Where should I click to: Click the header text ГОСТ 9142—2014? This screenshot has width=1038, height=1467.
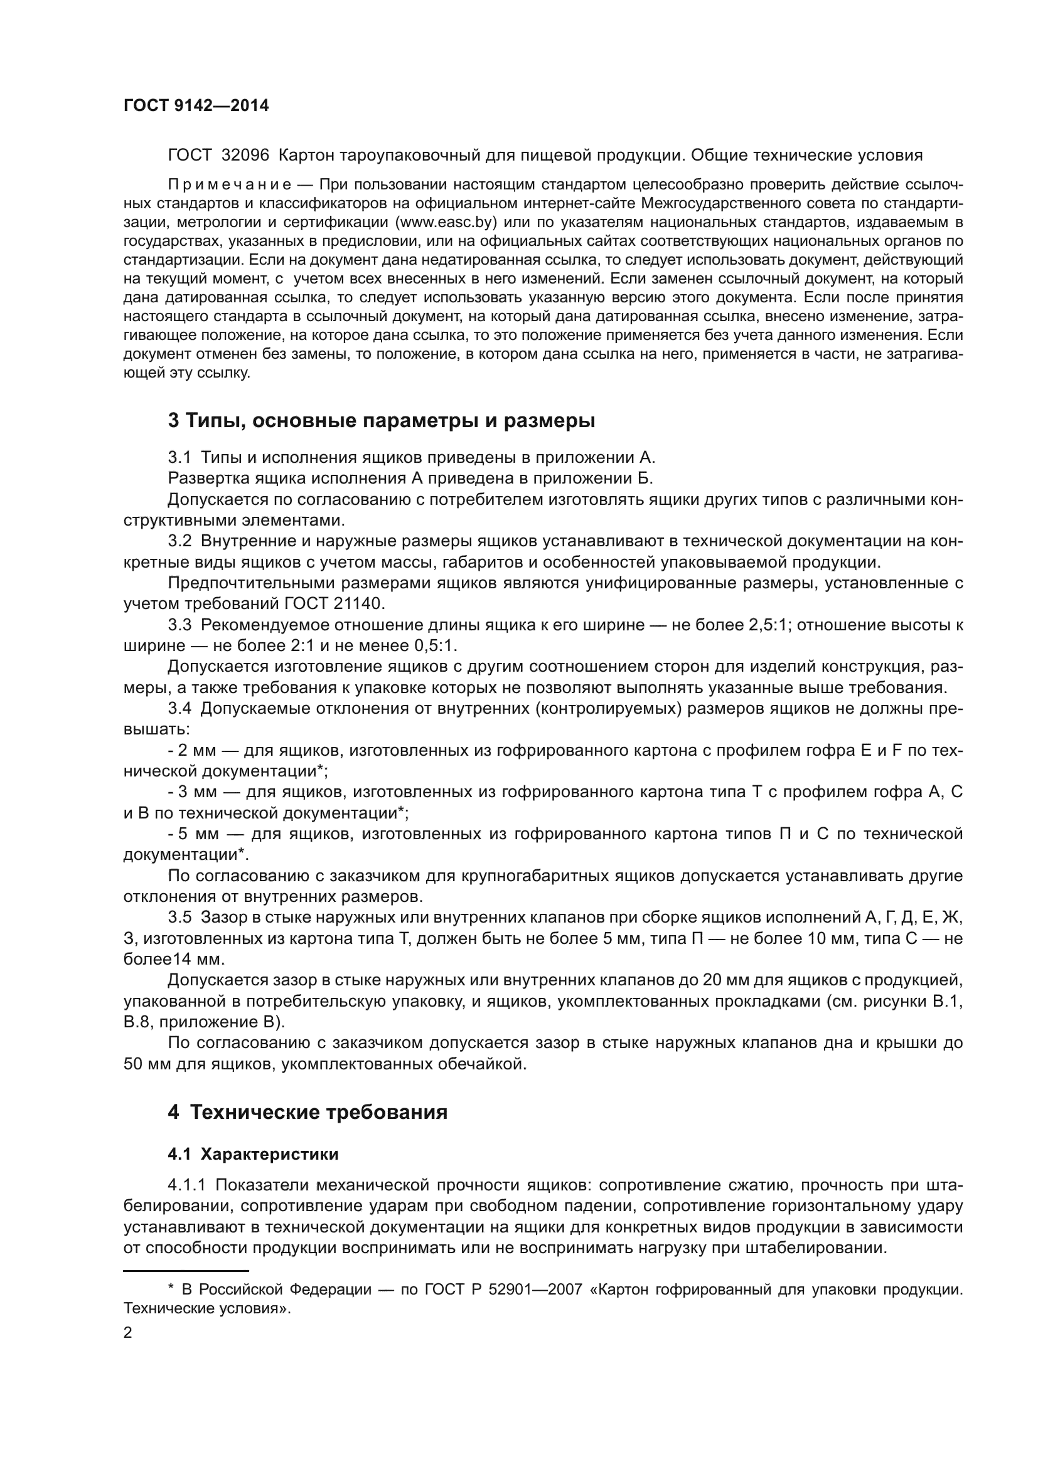coord(196,106)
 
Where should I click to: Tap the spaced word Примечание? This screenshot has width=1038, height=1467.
coord(230,185)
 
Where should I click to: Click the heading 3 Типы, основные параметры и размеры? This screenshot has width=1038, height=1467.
coord(381,421)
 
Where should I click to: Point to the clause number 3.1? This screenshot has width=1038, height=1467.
coord(179,457)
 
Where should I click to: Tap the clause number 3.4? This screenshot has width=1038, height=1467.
coord(179,708)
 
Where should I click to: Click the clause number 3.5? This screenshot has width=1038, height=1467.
coord(179,918)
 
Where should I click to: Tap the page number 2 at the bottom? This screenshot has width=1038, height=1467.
coord(127,1333)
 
